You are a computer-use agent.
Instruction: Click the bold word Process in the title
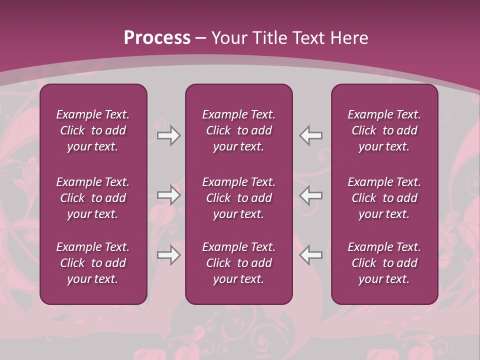(x=157, y=38)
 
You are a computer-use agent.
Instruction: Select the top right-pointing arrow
(x=169, y=135)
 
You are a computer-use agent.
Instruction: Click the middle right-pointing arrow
(x=169, y=195)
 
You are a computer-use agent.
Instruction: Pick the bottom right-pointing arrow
(x=169, y=255)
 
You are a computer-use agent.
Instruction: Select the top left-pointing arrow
(x=310, y=135)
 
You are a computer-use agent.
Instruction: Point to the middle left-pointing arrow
(x=310, y=195)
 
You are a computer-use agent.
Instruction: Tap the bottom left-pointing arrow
(x=310, y=255)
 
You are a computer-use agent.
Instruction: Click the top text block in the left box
(x=93, y=130)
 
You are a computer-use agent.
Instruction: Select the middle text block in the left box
(x=93, y=198)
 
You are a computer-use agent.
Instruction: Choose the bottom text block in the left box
(x=93, y=263)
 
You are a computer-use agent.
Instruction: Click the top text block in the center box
(x=238, y=130)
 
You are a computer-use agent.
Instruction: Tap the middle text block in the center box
(x=238, y=198)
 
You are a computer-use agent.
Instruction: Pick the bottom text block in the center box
(x=238, y=263)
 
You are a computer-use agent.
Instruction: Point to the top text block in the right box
(x=384, y=130)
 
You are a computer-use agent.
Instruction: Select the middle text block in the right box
(x=384, y=198)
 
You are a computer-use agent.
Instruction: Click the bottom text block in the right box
(x=384, y=263)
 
